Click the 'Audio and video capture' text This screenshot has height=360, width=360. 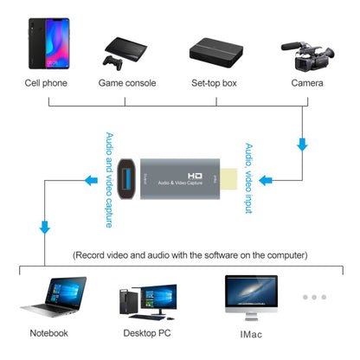110,179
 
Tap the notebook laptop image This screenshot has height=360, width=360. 50,298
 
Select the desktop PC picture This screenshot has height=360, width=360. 140,299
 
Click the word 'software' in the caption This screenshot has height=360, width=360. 221,255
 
